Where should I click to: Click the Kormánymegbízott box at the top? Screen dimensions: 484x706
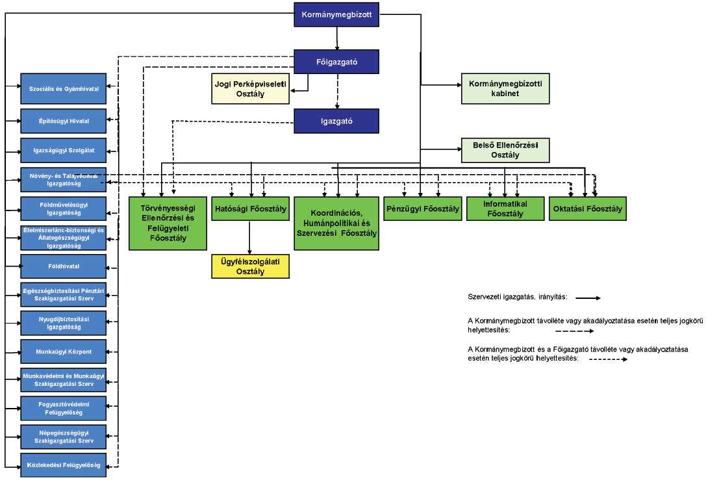click(x=336, y=16)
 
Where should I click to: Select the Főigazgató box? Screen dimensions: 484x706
click(x=336, y=62)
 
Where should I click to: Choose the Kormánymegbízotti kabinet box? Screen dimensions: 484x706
click(x=505, y=89)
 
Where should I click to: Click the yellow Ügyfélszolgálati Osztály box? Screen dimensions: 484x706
click(x=250, y=266)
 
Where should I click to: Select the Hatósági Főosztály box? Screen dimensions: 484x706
click(x=250, y=209)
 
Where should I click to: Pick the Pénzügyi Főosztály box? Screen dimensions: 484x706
click(x=422, y=209)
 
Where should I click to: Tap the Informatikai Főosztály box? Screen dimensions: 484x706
click(x=504, y=209)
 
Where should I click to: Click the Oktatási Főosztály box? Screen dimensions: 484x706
click(x=588, y=209)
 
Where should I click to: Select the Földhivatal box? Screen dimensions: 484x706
click(x=63, y=266)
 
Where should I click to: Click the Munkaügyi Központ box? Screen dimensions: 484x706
click(x=63, y=351)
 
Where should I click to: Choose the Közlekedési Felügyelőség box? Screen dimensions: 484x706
click(x=63, y=465)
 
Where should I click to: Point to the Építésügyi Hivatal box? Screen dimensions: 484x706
click(x=63, y=121)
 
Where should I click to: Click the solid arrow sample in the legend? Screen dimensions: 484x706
click(x=587, y=298)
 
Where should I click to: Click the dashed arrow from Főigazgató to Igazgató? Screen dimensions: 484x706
click(x=337, y=90)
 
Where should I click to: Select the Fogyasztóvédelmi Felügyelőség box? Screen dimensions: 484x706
click(x=63, y=408)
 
